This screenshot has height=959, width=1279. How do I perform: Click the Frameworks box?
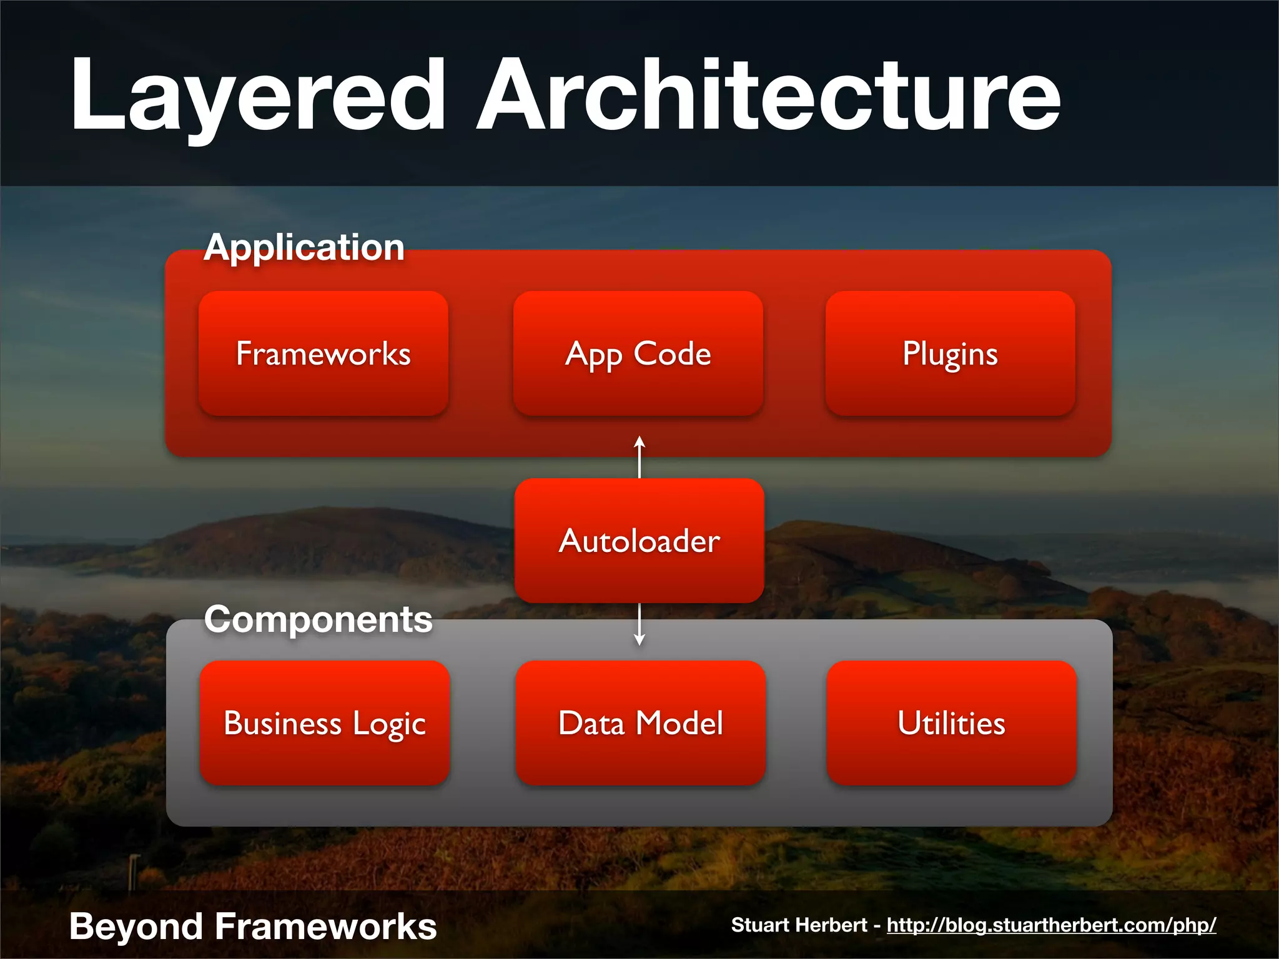tap(323, 354)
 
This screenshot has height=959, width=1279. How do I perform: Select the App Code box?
tap(638, 354)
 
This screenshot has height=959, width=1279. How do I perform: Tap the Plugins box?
tap(950, 354)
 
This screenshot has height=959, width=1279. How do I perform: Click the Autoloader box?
tap(639, 541)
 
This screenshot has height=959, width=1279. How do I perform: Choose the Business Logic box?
tap(325, 723)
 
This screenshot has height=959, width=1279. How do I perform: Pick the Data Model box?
tap(640, 723)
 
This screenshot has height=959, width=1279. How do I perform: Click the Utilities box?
tap(951, 723)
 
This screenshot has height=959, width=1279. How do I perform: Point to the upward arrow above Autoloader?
tap(639, 456)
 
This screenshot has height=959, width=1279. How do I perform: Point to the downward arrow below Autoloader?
tap(639, 624)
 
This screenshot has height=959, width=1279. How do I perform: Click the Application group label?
tap(304, 247)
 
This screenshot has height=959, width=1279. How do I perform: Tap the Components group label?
tap(318, 619)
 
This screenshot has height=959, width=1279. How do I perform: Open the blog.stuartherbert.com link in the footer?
tap(1051, 925)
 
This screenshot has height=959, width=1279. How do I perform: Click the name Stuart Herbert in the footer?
tap(799, 925)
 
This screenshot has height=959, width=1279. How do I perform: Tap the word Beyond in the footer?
tap(136, 926)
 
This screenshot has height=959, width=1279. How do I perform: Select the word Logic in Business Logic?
tap(388, 724)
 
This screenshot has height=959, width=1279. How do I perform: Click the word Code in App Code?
tap(672, 354)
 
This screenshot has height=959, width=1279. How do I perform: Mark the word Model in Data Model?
tap(679, 723)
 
